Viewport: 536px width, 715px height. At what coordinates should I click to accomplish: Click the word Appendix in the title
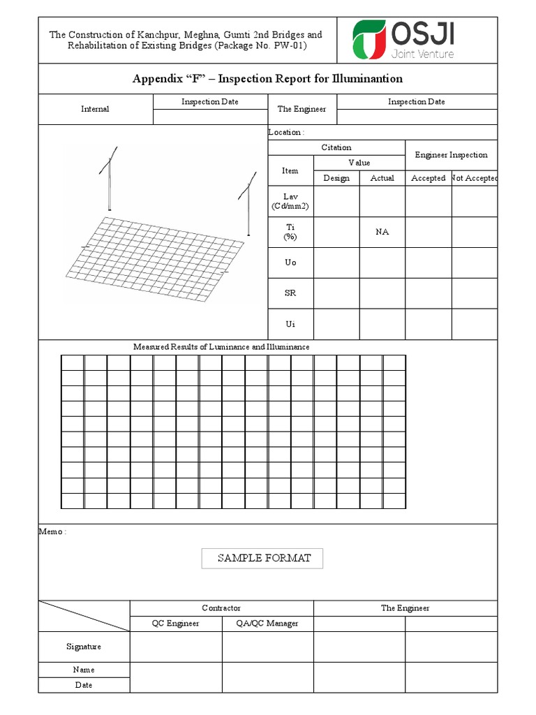click(155, 79)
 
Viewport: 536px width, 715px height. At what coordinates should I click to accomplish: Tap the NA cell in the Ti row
click(382, 232)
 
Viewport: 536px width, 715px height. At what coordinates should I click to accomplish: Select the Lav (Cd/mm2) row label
click(290, 201)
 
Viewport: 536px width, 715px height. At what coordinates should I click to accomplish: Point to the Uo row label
click(290, 263)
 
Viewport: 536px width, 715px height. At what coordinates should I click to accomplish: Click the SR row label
click(290, 293)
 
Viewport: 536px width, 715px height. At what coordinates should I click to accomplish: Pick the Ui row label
click(290, 324)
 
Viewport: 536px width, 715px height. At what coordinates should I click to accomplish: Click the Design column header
click(336, 178)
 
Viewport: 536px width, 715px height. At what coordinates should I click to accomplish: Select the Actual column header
click(382, 178)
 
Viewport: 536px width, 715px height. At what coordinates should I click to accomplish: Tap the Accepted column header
click(428, 178)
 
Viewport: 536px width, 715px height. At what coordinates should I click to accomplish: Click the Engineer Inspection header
click(451, 155)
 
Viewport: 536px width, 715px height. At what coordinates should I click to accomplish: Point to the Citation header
click(336, 147)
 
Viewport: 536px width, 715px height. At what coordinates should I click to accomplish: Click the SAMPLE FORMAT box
click(262, 558)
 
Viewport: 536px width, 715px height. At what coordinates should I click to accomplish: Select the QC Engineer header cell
click(176, 623)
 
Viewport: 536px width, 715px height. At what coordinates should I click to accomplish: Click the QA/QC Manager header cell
click(268, 623)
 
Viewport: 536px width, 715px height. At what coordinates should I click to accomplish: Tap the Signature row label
click(84, 647)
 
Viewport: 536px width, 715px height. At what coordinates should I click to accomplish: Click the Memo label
click(52, 531)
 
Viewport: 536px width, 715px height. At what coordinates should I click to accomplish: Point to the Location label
click(286, 132)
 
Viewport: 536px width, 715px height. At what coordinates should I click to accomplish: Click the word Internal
click(95, 109)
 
